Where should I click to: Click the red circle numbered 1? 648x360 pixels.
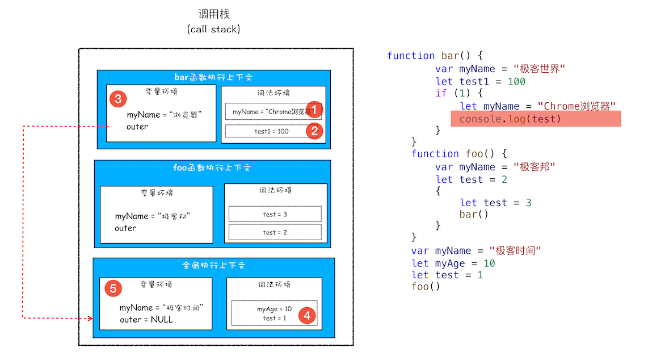click(x=315, y=110)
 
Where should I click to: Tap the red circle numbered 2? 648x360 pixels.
click(x=315, y=131)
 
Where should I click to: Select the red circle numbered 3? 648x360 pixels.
click(x=117, y=99)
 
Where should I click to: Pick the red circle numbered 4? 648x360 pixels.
click(x=307, y=315)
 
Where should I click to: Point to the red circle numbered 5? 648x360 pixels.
click(x=113, y=288)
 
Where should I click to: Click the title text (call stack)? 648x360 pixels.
click(x=213, y=29)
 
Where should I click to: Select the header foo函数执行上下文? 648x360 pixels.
click(x=212, y=168)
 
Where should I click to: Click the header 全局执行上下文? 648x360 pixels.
click(x=213, y=265)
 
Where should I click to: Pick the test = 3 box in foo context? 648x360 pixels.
click(x=275, y=214)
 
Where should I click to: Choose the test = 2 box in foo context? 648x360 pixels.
click(x=275, y=232)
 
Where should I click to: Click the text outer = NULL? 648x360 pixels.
click(x=146, y=320)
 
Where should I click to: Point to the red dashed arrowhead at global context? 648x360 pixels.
click(x=90, y=319)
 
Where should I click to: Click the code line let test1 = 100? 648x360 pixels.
click(x=480, y=81)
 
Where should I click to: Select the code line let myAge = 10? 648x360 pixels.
click(x=453, y=263)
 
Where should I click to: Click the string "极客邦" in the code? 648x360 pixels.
click(x=533, y=167)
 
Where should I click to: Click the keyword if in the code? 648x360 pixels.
click(x=441, y=93)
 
